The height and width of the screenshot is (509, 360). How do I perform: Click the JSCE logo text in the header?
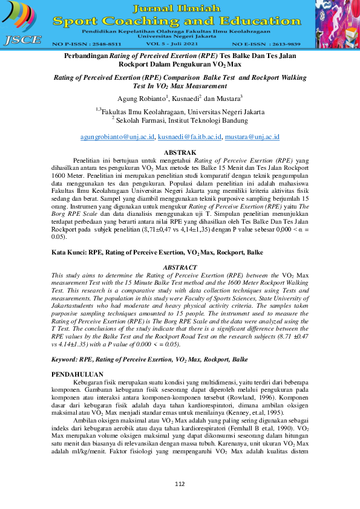coord(22,41)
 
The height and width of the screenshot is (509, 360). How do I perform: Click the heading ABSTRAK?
coord(180,152)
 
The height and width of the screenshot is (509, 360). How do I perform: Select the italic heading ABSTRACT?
coord(180,267)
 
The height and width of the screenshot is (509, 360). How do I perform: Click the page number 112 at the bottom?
coord(180,484)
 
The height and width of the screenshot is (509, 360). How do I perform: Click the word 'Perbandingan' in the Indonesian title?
coord(87,55)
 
